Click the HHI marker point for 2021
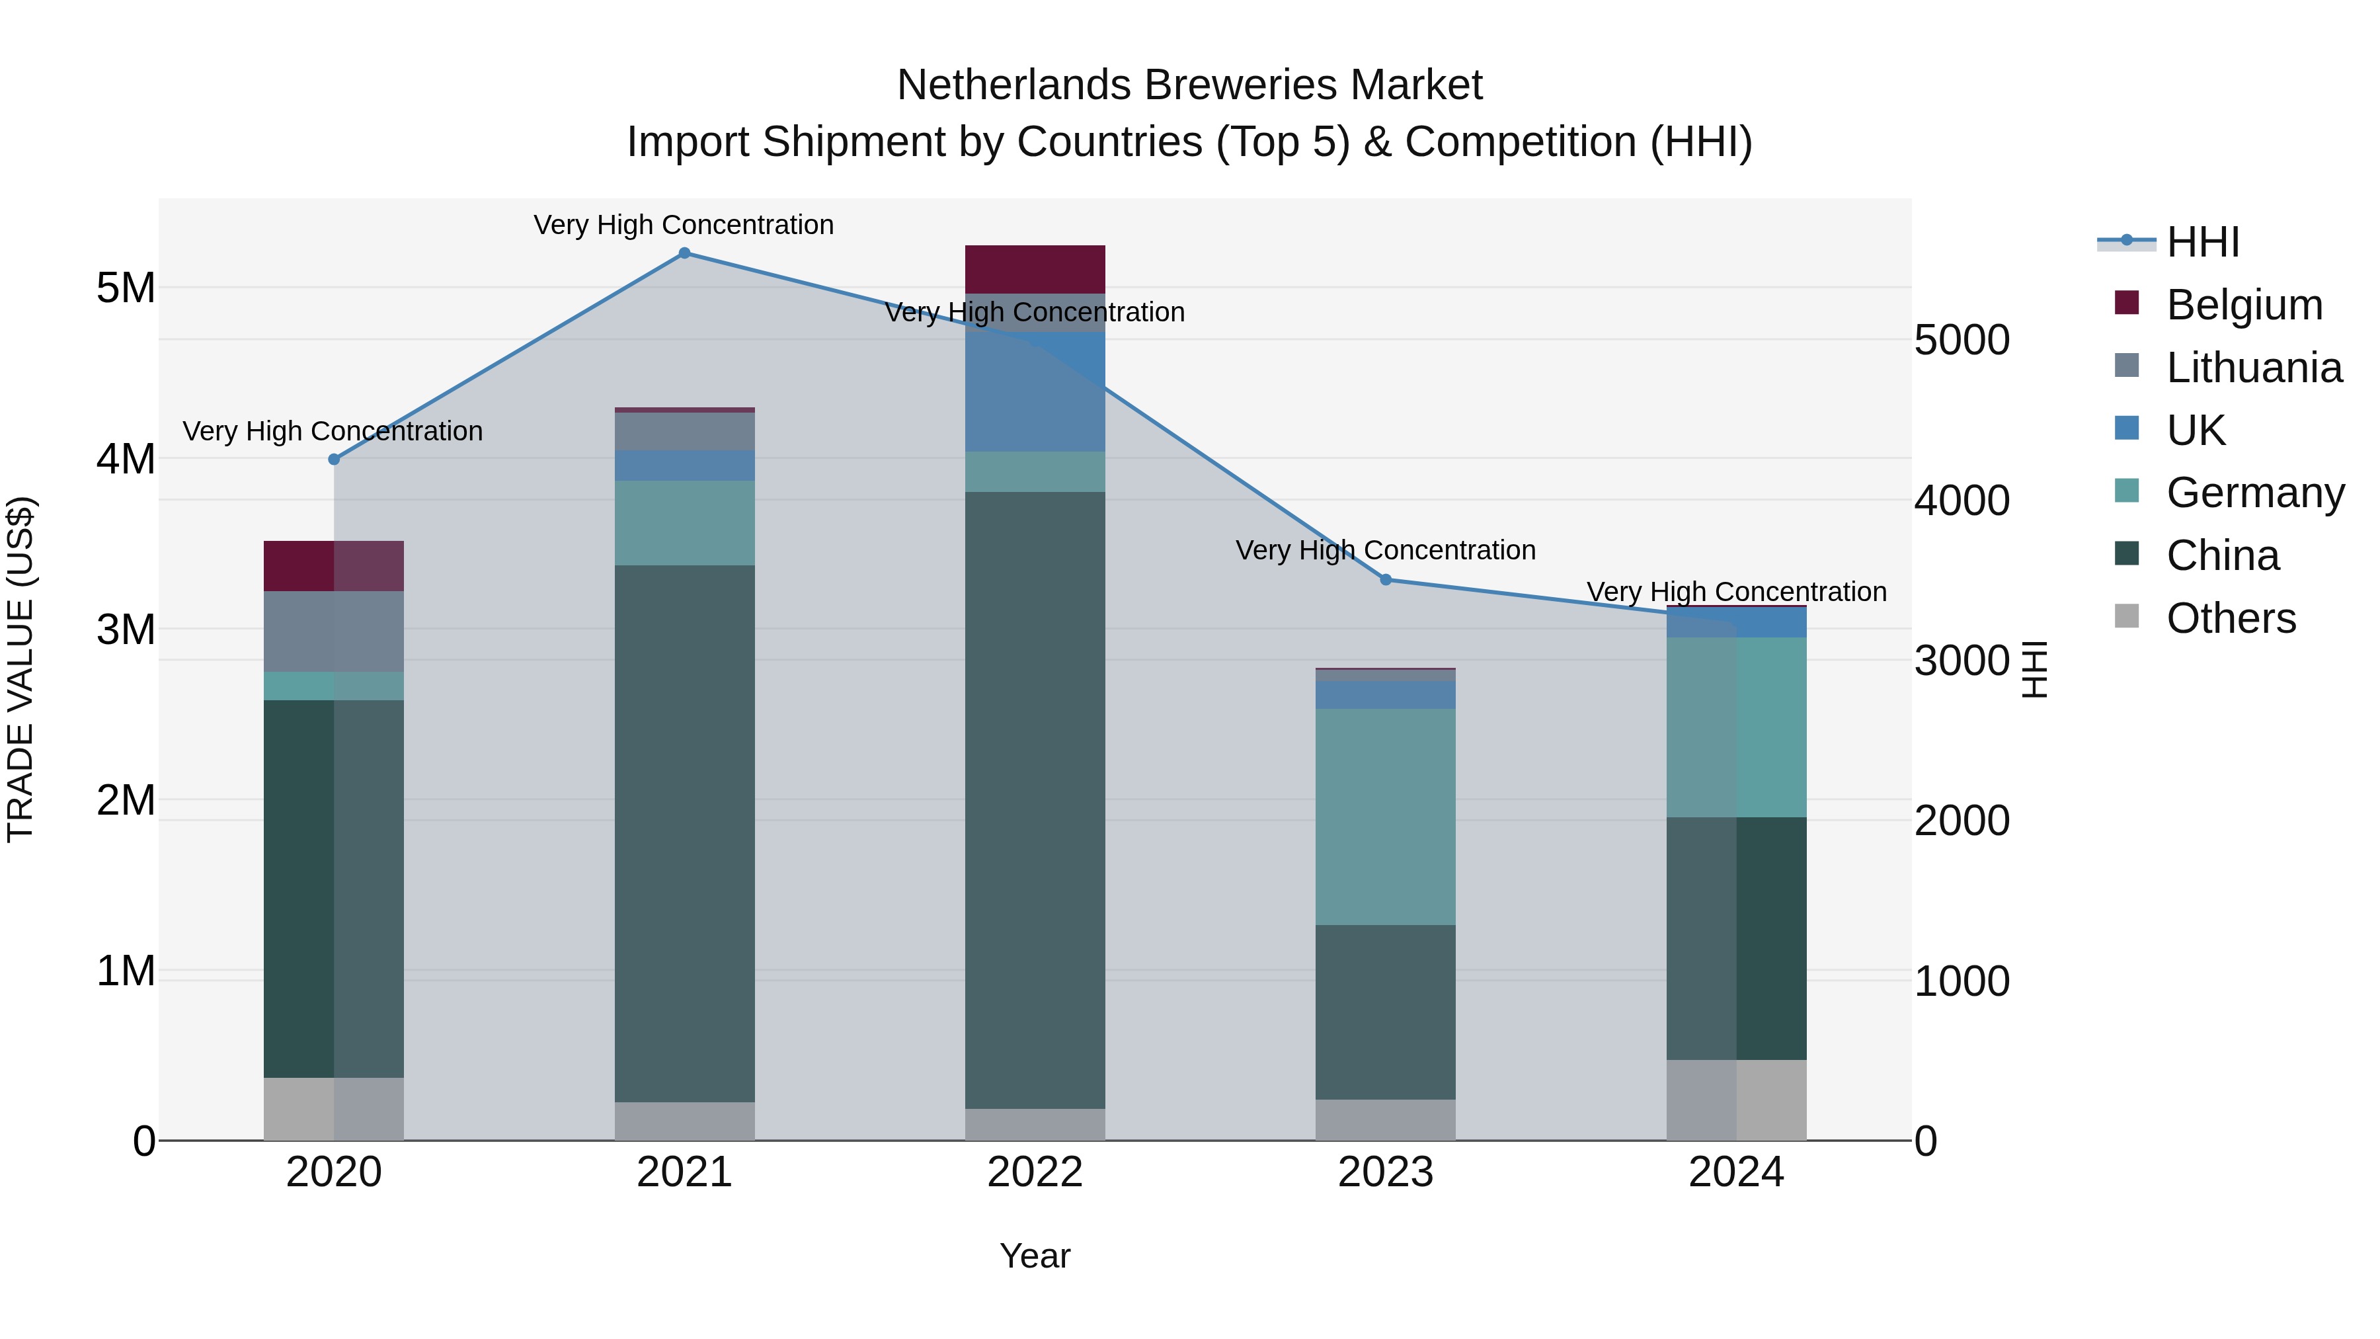(x=684, y=253)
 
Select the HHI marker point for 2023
(x=1385, y=579)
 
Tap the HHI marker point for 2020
(x=334, y=460)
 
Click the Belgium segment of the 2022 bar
(x=1035, y=269)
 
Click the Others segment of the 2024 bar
(x=1736, y=1099)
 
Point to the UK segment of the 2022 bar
(x=1035, y=392)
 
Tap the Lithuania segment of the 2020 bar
(x=334, y=631)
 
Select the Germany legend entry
(x=2254, y=493)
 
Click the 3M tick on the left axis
(x=126, y=629)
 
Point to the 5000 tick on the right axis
(x=1962, y=340)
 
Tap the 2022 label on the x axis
(x=1035, y=1172)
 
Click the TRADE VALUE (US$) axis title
(x=20, y=669)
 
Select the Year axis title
(x=1035, y=1256)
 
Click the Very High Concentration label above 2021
(x=684, y=225)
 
